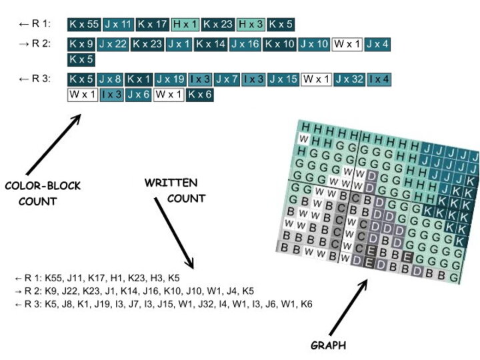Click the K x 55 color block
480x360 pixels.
coord(84,25)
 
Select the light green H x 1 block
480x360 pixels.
coord(185,25)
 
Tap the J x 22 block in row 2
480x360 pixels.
coord(113,44)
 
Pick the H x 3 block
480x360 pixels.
coord(251,25)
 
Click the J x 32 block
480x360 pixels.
coord(349,79)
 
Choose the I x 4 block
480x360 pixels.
coord(379,79)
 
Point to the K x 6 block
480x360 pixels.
coord(199,95)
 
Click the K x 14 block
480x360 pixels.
coord(213,44)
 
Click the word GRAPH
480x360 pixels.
coord(328,345)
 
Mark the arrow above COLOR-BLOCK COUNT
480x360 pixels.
coord(54,146)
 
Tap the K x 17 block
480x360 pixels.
coord(152,25)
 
